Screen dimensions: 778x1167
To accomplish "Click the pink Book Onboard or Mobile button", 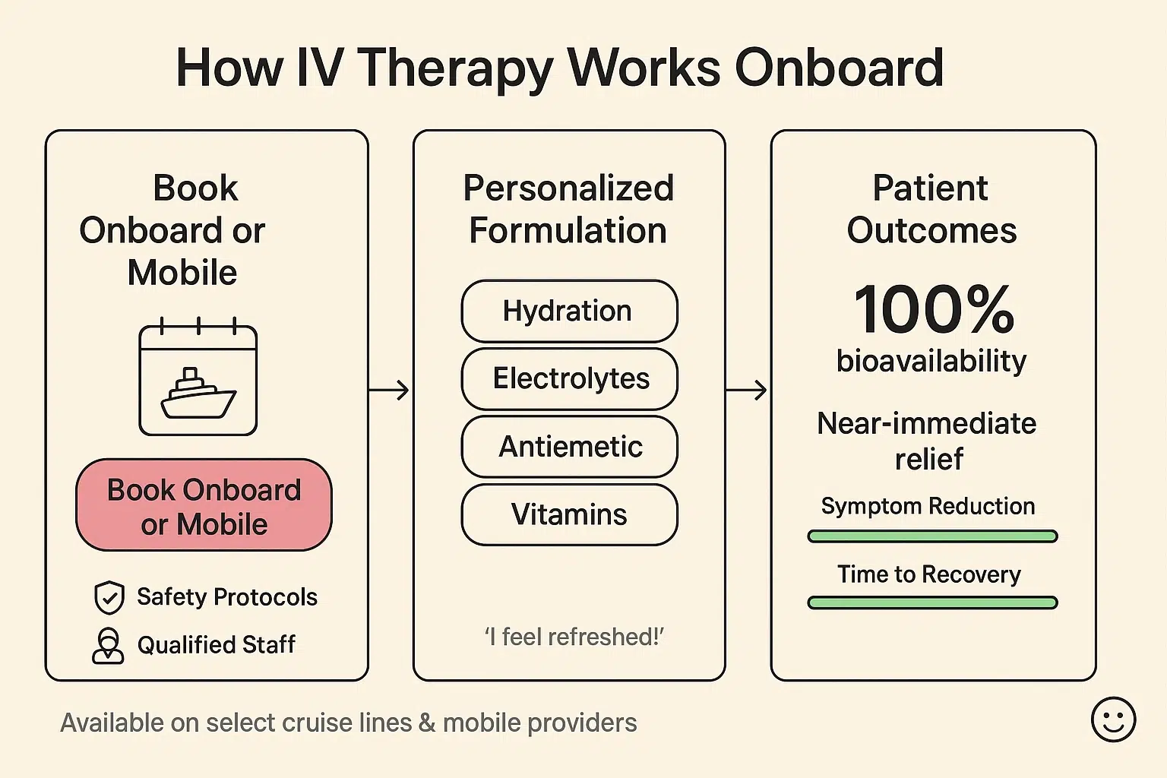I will coord(204,505).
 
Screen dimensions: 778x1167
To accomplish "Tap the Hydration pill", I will coord(569,312).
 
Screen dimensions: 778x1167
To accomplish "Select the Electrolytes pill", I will coord(569,378).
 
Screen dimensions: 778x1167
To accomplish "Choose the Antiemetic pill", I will coord(569,446).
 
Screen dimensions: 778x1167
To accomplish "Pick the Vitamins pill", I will coord(569,514).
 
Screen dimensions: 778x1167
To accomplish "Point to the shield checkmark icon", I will coord(109,597).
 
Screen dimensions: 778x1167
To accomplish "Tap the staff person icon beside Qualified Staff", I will coord(108,646).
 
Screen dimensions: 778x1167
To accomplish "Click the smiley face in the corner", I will coord(1113,719).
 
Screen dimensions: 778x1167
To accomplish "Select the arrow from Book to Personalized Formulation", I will coord(389,391).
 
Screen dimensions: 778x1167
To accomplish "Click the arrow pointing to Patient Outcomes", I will coord(746,391).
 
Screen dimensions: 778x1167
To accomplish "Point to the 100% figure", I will coord(934,309).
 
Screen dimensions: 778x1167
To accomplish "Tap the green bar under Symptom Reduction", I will coord(932,536).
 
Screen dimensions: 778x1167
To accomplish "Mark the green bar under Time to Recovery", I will coord(932,603).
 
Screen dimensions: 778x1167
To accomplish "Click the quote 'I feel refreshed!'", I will coord(574,637).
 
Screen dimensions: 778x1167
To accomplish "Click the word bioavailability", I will coord(931,361).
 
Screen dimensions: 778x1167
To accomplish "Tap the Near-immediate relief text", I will coord(927,441).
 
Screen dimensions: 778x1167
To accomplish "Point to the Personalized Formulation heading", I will coord(568,209).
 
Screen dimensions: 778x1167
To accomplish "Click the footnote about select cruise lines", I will coord(348,723).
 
